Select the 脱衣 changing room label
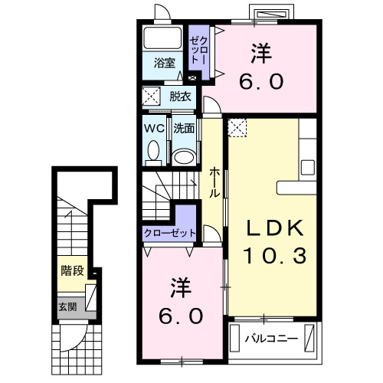tap(180, 97)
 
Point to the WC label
tap(152, 129)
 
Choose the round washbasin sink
tap(182, 155)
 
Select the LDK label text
tap(274, 228)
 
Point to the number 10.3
tap(274, 256)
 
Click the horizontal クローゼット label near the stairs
tap(170, 233)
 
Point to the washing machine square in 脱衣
tap(152, 97)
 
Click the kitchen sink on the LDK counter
tap(308, 167)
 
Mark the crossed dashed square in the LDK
tap(238, 127)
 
